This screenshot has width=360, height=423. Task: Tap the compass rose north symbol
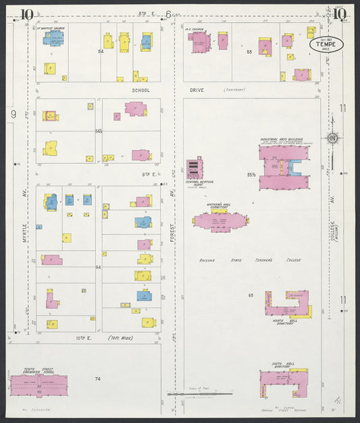333,139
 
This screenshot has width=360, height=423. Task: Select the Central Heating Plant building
195,168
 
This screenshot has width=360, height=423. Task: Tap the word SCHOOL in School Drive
140,89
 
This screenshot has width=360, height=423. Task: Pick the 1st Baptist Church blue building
51,38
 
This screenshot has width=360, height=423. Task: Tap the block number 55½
251,175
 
